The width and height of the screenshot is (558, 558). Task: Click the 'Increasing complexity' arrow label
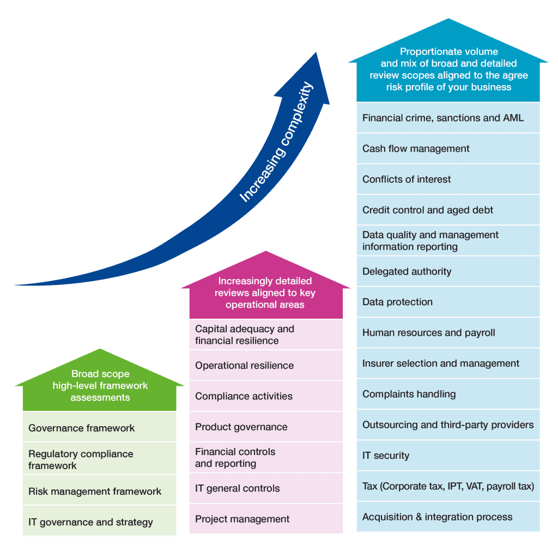[276, 142]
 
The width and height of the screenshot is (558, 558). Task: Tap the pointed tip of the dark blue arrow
[316, 53]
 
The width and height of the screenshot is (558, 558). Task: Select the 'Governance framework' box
[99, 427]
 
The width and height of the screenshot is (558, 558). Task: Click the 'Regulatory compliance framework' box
[99, 459]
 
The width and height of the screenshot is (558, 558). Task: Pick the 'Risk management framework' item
[99, 490]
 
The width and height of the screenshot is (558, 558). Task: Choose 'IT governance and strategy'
[99, 521]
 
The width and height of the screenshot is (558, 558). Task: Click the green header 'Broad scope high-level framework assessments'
[100, 385]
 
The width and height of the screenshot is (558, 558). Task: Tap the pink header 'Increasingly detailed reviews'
[265, 293]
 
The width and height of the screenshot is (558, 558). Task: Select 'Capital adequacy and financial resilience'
[266, 335]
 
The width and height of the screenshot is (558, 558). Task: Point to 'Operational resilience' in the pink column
[266, 366]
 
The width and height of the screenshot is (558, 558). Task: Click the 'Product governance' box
[266, 427]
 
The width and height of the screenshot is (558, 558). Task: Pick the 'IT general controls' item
[266, 488]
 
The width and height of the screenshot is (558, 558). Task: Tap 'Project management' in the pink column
[266, 519]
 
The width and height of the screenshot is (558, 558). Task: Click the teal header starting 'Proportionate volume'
[448, 69]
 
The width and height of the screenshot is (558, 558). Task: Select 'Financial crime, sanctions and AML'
[448, 118]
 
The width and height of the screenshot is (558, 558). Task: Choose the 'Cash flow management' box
[448, 148]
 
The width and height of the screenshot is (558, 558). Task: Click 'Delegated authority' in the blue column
[448, 271]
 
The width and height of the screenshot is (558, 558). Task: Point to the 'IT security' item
[448, 456]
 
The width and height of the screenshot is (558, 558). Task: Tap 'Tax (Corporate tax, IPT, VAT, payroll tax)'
[448, 486]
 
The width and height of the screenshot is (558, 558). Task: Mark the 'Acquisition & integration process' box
[448, 517]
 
